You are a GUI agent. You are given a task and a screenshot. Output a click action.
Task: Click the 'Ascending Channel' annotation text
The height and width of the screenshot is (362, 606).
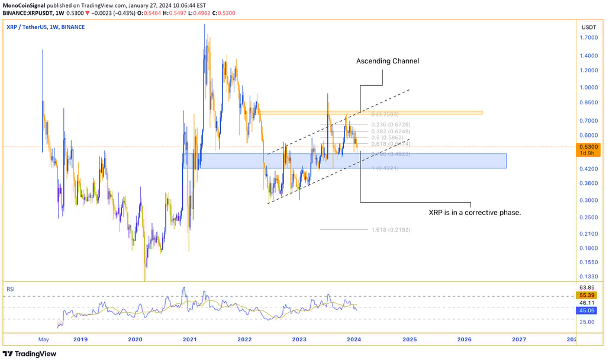[387, 61]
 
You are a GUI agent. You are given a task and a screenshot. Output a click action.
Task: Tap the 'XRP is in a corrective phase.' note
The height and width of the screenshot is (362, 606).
[475, 212]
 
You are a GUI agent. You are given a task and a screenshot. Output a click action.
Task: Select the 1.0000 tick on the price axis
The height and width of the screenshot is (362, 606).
[588, 87]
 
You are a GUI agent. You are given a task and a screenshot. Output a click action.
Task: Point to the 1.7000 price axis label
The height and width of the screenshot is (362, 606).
[588, 38]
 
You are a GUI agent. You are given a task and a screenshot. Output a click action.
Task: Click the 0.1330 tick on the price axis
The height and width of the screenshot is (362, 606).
[588, 276]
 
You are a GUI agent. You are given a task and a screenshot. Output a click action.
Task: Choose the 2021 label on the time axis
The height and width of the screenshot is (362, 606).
[190, 339]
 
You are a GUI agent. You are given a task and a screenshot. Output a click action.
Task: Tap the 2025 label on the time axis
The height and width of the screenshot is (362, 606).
[410, 339]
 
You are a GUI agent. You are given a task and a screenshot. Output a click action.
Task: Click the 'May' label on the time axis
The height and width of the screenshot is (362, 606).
[43, 339]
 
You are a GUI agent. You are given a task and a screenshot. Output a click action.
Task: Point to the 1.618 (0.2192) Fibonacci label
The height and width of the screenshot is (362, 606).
[390, 229]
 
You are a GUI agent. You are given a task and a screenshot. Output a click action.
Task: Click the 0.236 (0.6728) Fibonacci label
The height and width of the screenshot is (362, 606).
[390, 124]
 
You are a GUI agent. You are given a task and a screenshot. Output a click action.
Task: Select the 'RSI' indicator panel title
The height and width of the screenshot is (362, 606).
[11, 290]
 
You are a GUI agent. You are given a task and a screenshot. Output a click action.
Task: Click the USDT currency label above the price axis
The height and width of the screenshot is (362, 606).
[588, 27]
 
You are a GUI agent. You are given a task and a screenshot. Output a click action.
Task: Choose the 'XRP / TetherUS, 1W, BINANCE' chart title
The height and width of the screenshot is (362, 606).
[46, 27]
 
